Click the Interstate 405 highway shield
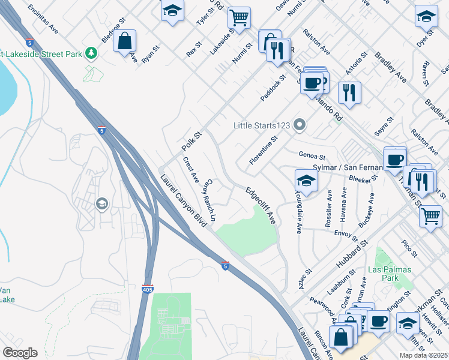pos(148,289)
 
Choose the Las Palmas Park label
pos(390,274)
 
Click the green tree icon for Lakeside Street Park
pos(91,53)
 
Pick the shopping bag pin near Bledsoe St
pos(124,41)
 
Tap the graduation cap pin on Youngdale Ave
pos(306,181)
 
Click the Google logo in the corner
pos(20,353)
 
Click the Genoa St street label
pos(311,155)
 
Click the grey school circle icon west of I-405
pos(101,205)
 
